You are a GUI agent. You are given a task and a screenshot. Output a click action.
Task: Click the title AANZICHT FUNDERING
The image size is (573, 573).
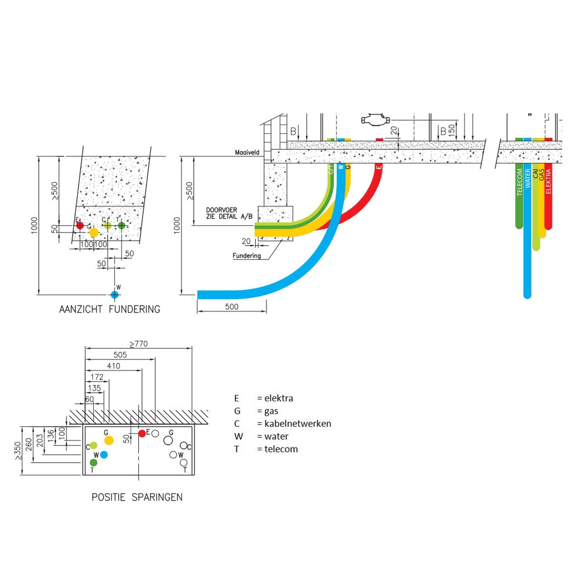coord(109,309)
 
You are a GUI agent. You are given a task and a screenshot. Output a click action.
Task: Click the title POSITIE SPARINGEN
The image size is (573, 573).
coord(137,497)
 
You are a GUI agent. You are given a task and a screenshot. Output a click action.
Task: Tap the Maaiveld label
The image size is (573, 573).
coord(247,152)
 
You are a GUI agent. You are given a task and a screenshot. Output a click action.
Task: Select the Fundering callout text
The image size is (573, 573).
coord(247,256)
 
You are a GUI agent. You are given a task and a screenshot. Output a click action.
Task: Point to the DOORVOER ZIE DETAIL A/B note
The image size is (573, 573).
coord(229,213)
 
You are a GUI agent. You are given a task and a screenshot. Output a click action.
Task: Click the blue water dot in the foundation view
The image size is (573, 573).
coord(115,295)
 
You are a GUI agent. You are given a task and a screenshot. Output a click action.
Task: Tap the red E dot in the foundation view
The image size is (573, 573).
coord(80,226)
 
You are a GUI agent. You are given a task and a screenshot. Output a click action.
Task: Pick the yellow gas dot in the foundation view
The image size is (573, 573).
coord(94,232)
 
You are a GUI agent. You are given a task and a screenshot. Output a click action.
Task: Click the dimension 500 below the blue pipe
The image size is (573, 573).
coord(232,307)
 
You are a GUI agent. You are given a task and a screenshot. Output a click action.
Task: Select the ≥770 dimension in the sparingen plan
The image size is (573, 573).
coord(138,344)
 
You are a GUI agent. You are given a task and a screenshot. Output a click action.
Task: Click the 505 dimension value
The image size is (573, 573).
coord(120,355)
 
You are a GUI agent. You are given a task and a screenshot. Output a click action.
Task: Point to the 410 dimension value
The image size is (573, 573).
coord(113,366)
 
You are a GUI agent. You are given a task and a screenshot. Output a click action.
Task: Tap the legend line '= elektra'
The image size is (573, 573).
coord(275,398)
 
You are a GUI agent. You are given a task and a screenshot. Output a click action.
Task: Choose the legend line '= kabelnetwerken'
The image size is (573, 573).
coord(294,424)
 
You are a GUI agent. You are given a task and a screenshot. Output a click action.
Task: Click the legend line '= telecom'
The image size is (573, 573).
coord(277,449)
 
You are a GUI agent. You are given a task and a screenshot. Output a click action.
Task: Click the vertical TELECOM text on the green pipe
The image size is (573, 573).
coord(519,182)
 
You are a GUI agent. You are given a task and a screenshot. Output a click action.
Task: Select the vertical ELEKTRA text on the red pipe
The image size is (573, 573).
coord(548,181)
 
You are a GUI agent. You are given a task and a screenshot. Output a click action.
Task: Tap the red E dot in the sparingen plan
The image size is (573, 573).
coord(142,433)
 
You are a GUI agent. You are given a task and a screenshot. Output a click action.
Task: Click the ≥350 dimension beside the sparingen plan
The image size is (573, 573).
coord(17,451)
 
